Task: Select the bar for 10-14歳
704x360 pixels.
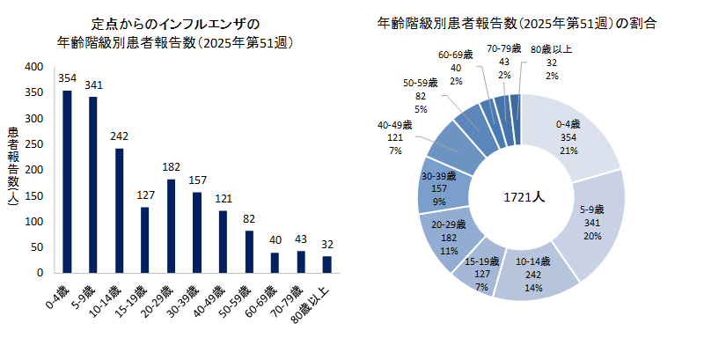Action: click(119, 210)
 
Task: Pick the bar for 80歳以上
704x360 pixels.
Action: click(326, 264)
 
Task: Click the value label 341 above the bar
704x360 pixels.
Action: click(92, 85)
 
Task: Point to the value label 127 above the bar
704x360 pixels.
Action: click(144, 195)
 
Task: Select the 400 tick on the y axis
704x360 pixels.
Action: click(33, 67)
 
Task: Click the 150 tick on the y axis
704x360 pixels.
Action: click(33, 195)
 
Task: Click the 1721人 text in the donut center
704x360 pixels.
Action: click(523, 196)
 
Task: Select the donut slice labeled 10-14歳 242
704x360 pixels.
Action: click(532, 273)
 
